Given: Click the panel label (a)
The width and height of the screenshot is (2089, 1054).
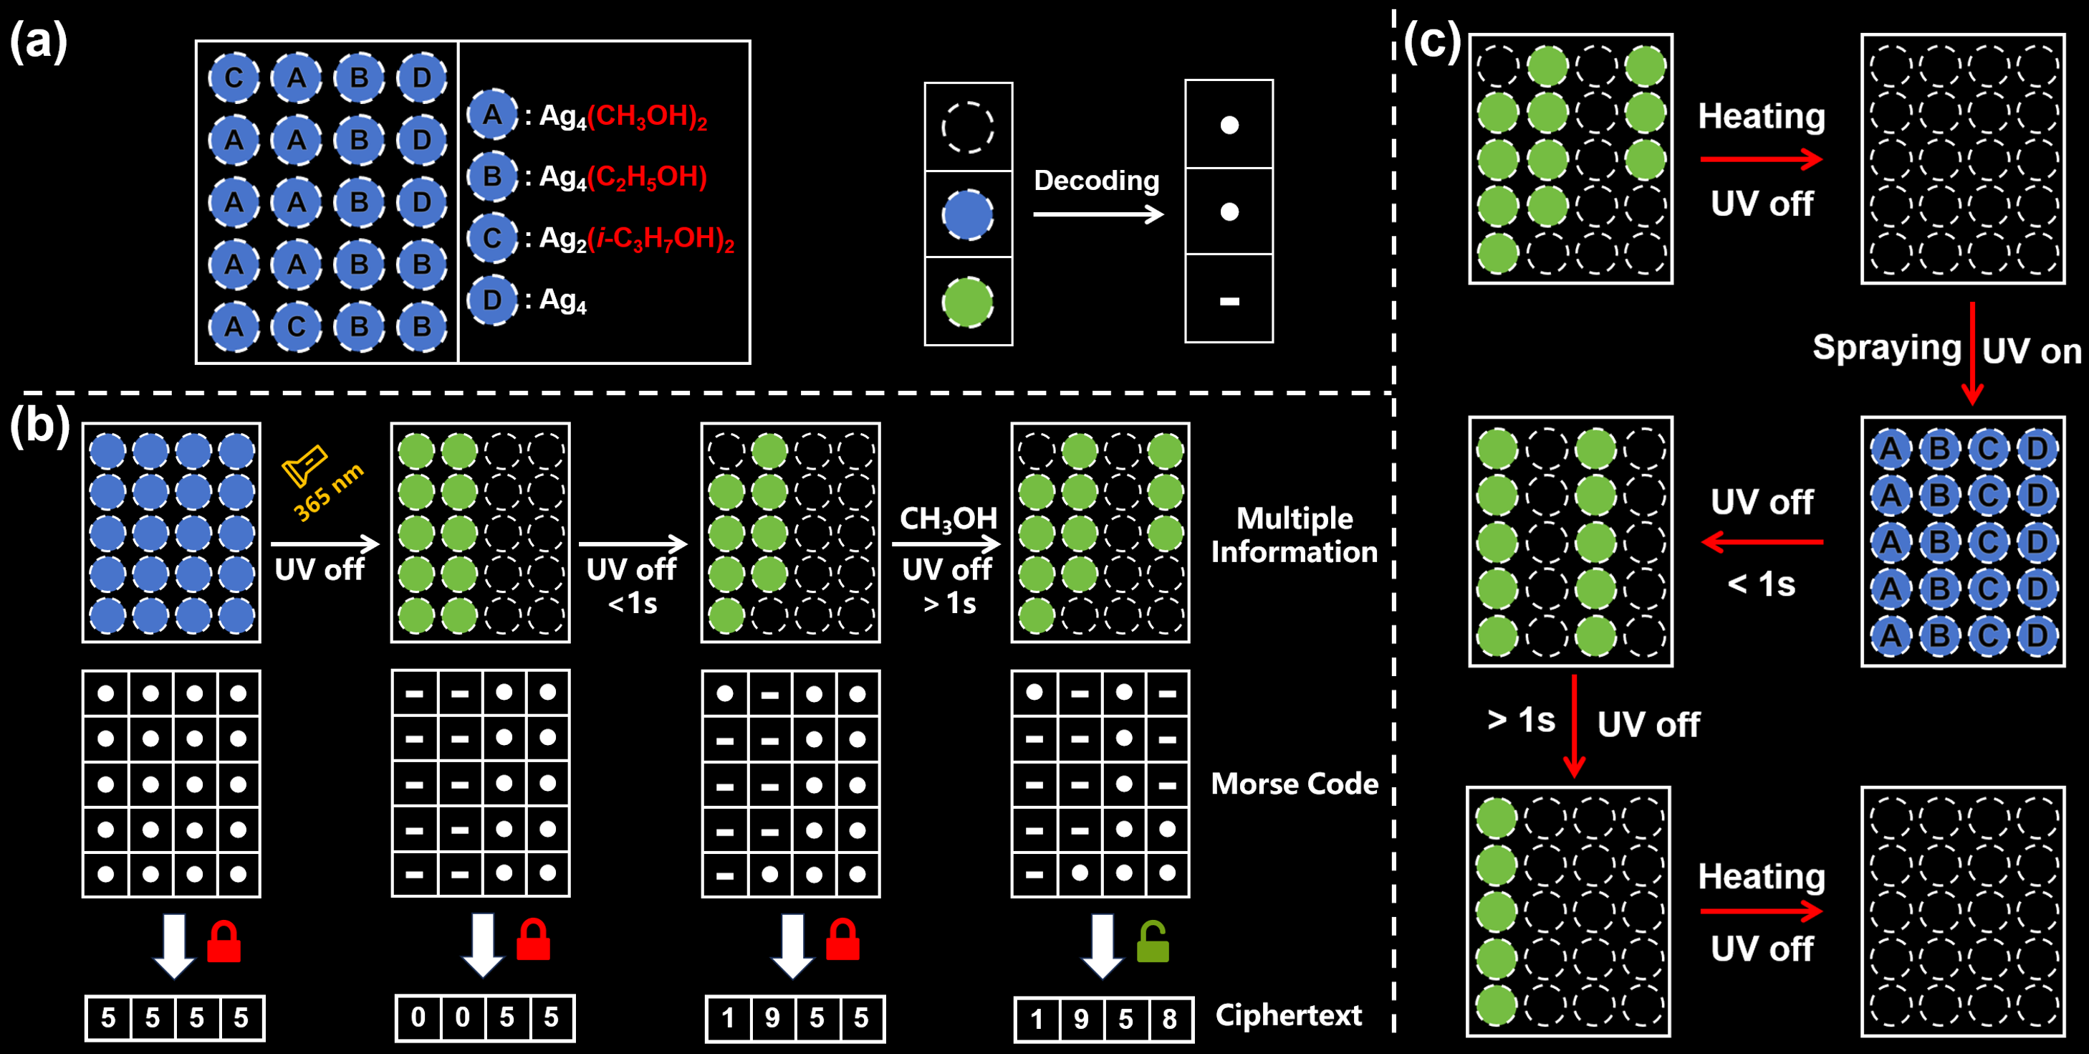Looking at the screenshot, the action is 38,42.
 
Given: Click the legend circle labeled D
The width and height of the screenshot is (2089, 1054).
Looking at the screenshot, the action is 492,300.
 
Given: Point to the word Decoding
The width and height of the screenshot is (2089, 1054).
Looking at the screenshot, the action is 1096,181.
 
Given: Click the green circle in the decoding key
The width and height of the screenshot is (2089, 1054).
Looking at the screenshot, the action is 967,303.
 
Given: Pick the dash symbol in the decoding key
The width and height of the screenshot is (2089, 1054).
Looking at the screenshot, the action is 1229,302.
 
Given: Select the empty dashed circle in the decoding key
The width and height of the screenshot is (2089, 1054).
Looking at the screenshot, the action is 967,128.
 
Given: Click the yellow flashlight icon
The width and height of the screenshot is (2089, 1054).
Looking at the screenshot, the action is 304,466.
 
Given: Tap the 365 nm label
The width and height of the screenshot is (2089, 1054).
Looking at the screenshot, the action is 328,493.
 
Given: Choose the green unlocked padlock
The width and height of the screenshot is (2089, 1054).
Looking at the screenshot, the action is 1153,941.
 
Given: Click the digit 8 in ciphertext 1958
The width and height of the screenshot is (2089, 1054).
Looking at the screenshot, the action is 1169,1019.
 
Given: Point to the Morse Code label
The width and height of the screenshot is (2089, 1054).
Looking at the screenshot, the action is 1295,784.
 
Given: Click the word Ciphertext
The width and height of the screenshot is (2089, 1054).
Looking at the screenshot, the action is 1289,1015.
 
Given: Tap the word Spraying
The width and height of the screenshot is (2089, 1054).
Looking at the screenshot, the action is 1887,348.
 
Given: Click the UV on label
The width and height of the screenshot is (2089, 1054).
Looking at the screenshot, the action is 2032,351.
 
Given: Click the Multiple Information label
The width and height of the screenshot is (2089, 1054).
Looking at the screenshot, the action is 1295,535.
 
